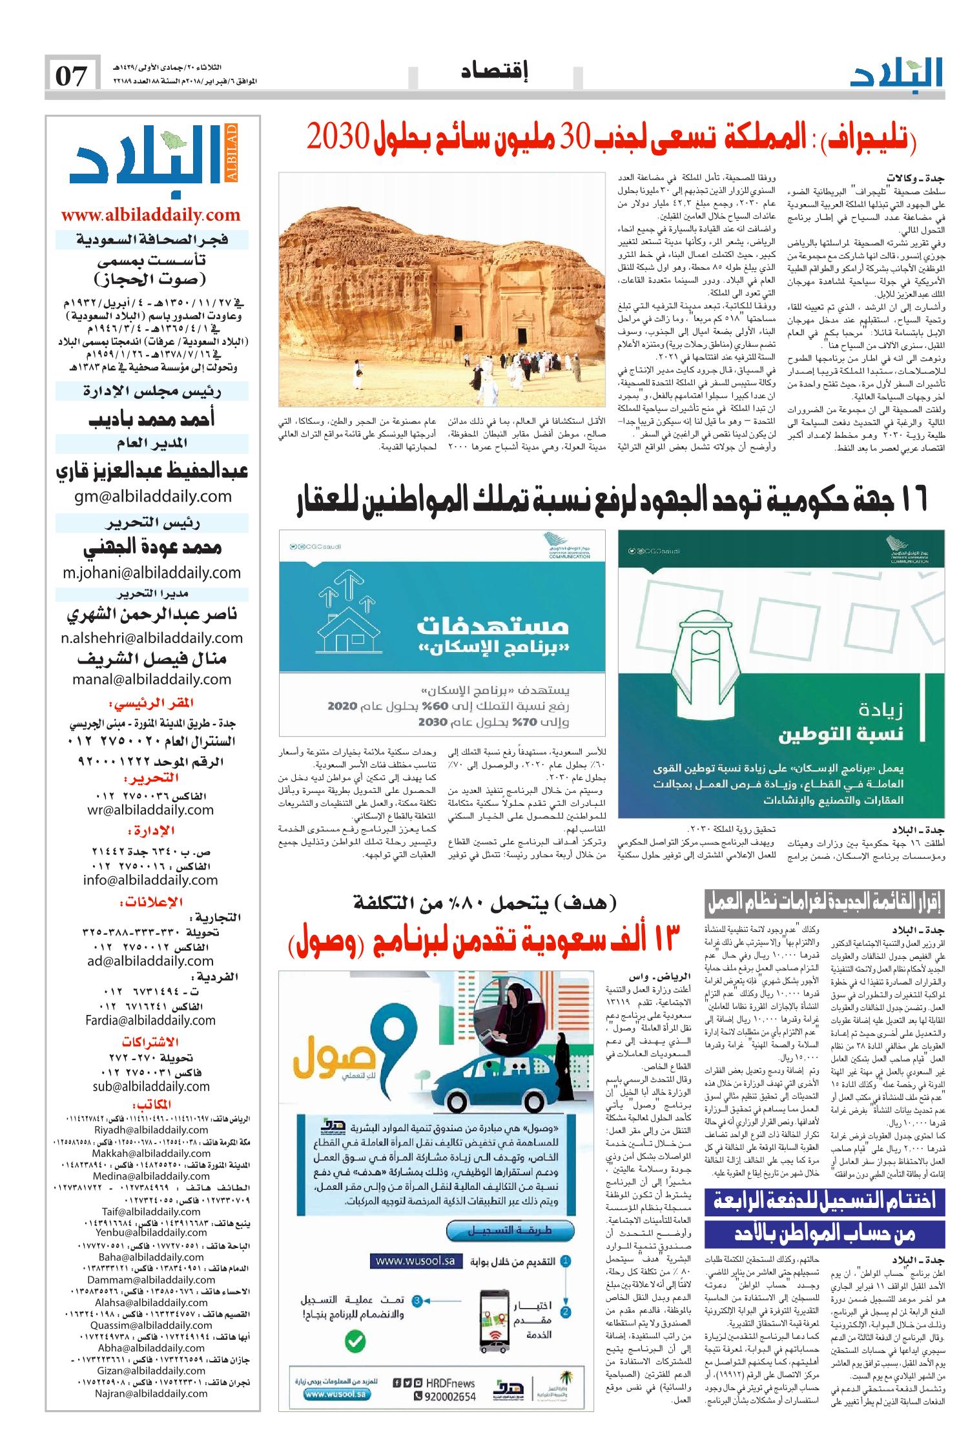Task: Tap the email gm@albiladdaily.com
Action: pyautogui.click(x=152, y=496)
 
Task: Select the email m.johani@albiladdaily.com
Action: pyautogui.click(x=152, y=572)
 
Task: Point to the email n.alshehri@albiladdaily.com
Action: pyautogui.click(x=152, y=638)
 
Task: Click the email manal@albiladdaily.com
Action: pyautogui.click(x=152, y=679)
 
